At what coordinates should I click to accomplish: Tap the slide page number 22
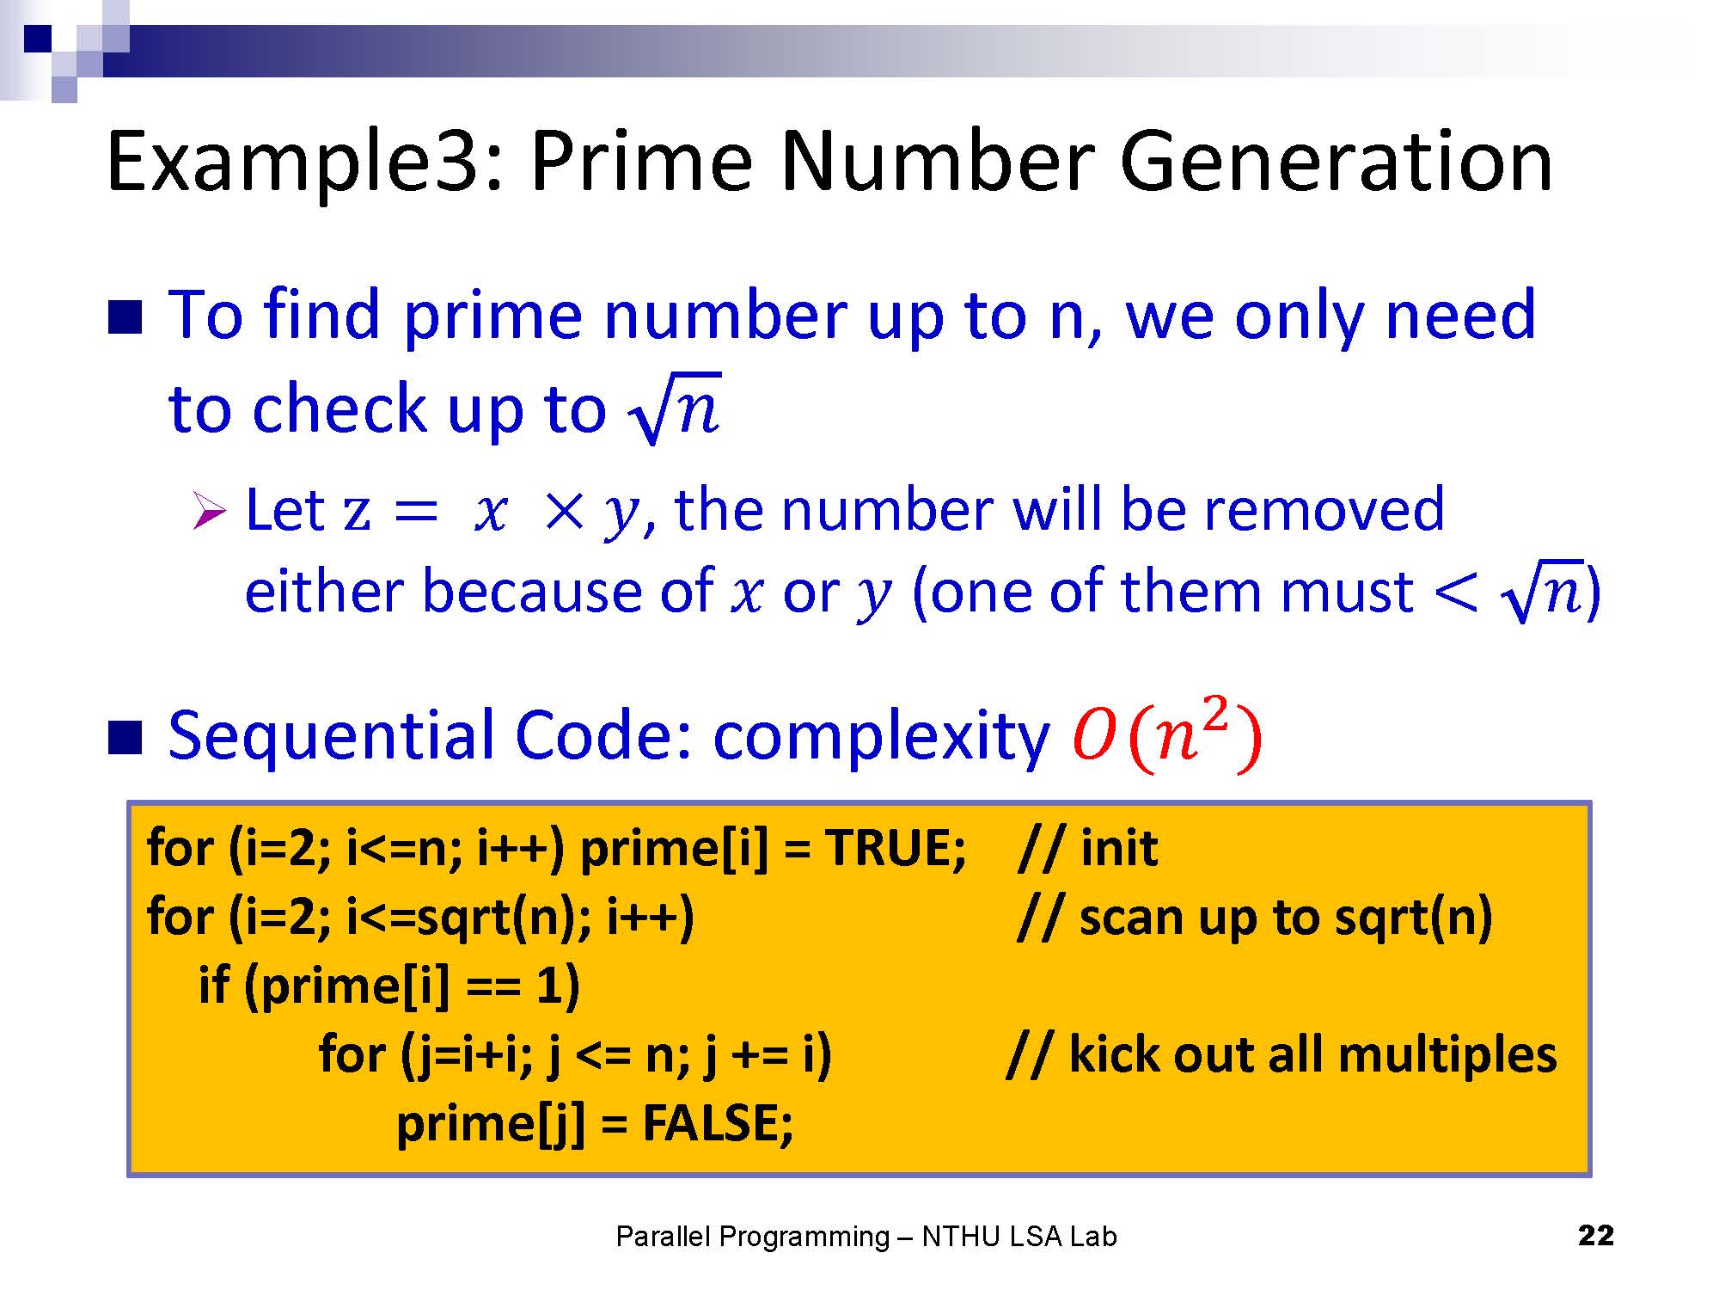coord(1596,1236)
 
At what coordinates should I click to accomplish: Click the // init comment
coord(1086,848)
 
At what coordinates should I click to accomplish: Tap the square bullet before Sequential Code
coord(125,738)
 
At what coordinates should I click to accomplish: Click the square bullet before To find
coord(125,316)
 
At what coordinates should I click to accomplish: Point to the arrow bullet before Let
coord(209,511)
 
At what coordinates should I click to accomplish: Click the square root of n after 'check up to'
coord(675,408)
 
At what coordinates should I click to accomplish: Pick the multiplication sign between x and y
coord(564,513)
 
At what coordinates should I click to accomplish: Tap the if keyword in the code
coord(213,986)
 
